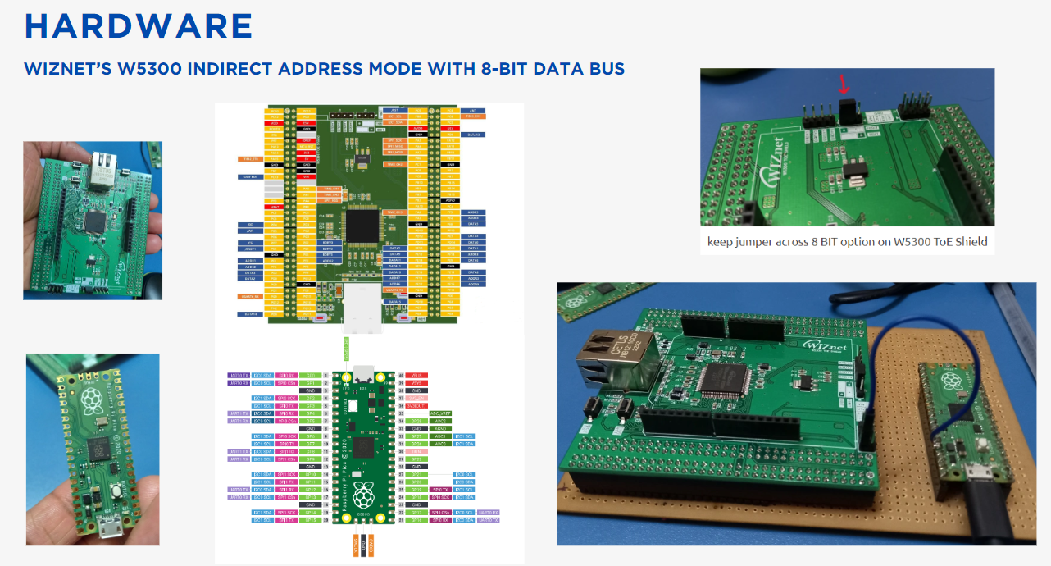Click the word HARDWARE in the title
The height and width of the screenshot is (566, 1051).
pyautogui.click(x=138, y=26)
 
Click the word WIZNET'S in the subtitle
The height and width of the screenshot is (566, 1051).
pyautogui.click(x=68, y=69)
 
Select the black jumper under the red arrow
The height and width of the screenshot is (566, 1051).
pyautogui.click(x=849, y=112)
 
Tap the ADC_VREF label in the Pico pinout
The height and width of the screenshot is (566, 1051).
pyautogui.click(x=441, y=413)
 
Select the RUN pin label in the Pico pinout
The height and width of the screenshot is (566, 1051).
pyautogui.click(x=417, y=451)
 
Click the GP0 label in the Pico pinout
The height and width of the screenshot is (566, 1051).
pyautogui.click(x=310, y=375)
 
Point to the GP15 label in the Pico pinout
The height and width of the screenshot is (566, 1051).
pyautogui.click(x=310, y=520)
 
